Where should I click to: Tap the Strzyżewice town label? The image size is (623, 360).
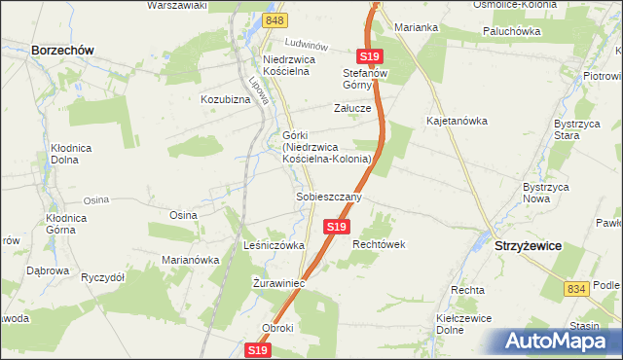[529, 246]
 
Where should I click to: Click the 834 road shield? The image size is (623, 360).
[575, 289]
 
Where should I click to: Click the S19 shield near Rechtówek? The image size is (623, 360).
[336, 227]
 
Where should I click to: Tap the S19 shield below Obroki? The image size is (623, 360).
[257, 349]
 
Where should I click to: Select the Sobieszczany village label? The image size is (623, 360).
[329, 197]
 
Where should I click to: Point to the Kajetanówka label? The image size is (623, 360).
[457, 122]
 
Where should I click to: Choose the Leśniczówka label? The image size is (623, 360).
[275, 246]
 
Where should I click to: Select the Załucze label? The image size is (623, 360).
[352, 108]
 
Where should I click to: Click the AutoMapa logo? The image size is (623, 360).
[560, 342]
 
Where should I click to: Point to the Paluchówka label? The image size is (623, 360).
[511, 31]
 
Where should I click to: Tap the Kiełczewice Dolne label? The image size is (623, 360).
[465, 324]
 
